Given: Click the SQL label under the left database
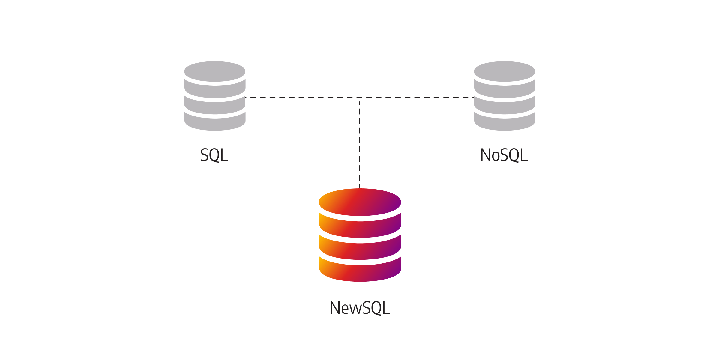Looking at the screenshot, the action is tap(214, 155).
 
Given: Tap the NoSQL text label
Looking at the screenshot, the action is tap(504, 155).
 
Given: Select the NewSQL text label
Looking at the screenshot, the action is tap(360, 308).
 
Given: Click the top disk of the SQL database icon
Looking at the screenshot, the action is tap(215, 71).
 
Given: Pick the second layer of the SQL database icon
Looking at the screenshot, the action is tap(215, 89).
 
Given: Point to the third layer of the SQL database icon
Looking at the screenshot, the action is tap(215, 106).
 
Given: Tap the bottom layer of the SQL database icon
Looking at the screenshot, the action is tap(215, 122).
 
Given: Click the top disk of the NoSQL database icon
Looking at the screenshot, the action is tap(505, 71).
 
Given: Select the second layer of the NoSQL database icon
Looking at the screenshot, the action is tap(505, 89).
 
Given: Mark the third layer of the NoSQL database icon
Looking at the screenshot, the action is tap(505, 106).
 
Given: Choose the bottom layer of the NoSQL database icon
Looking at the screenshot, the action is tap(505, 122).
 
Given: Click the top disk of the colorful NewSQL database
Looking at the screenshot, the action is tap(360, 202).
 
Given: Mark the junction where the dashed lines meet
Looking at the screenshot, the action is tap(359, 98).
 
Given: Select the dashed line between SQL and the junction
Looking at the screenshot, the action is tap(302, 98).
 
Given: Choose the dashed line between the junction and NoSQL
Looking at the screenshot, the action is tap(417, 98).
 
